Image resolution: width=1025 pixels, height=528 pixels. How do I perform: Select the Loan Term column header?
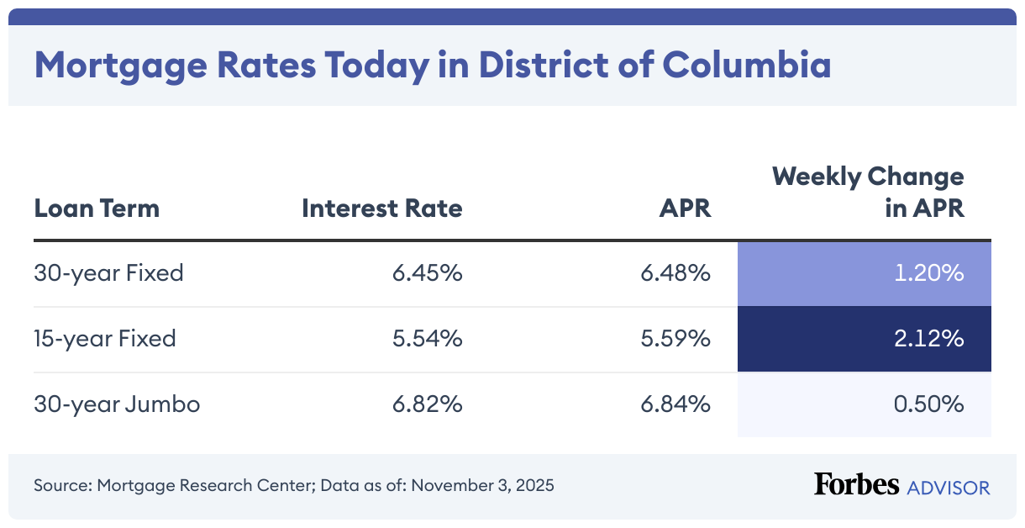pyautogui.click(x=97, y=208)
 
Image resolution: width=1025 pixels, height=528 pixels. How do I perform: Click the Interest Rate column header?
pyautogui.click(x=382, y=208)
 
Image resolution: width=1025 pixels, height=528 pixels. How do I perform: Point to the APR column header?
pyautogui.click(x=685, y=208)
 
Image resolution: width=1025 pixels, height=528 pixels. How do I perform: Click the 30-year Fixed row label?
pyautogui.click(x=108, y=273)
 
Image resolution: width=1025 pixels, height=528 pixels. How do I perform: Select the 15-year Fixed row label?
pyautogui.click(x=105, y=339)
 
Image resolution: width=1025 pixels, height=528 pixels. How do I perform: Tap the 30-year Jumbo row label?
pyautogui.click(x=117, y=404)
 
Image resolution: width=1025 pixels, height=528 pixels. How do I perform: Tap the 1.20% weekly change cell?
pyautogui.click(x=864, y=274)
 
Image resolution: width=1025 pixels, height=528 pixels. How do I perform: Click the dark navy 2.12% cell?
pyautogui.click(x=864, y=340)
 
